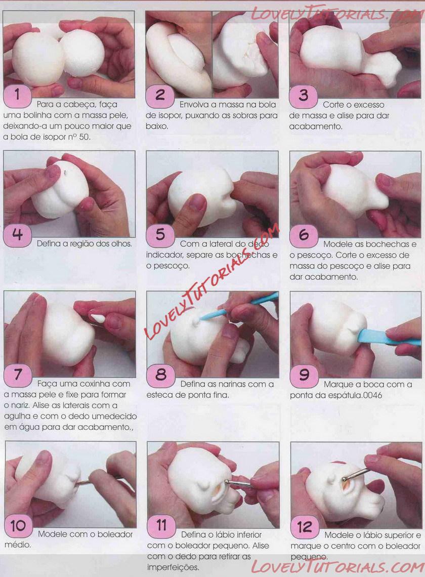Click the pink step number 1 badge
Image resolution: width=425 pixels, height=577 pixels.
point(17,95)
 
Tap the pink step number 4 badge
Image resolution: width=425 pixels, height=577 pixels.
point(17,234)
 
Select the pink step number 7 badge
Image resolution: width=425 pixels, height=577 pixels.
point(18,374)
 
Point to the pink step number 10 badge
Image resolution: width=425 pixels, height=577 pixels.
point(18,525)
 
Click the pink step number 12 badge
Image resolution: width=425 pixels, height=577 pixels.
point(304,526)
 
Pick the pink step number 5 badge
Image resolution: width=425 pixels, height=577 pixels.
point(160,235)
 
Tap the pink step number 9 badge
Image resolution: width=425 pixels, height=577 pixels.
point(304,375)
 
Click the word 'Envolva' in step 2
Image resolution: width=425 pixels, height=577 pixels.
point(194,104)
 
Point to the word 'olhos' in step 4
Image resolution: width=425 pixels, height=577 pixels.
point(121,243)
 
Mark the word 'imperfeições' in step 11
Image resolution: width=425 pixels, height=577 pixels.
point(173,568)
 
